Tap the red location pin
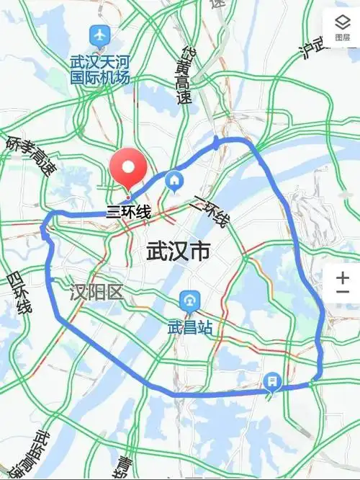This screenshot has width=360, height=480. point(128,168)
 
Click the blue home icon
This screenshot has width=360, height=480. point(174,180)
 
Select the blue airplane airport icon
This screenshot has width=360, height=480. point(99,34)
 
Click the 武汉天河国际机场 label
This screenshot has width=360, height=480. point(100,69)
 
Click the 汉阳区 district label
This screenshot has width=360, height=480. point(97,292)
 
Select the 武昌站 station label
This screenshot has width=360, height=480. point(190,327)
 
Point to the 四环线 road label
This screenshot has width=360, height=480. point(19,293)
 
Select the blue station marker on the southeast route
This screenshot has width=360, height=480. point(272,380)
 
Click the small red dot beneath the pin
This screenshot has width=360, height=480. point(128,196)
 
